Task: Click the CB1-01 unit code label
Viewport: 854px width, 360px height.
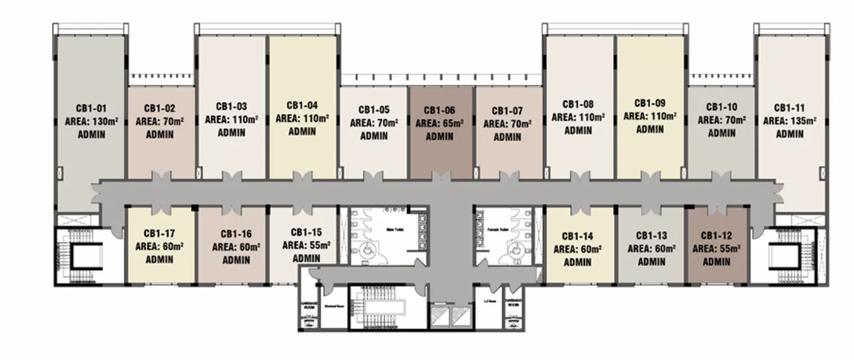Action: [90, 108]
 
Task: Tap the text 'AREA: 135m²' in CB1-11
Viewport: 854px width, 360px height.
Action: [790, 121]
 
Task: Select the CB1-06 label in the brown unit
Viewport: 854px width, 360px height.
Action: [439, 111]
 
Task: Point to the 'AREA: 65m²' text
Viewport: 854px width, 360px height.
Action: [439, 124]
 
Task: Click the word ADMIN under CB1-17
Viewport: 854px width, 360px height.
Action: [159, 259]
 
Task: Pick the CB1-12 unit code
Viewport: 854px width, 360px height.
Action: [716, 236]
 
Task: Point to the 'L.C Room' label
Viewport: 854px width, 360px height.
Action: [490, 301]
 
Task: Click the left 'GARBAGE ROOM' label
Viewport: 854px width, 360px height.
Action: [308, 304]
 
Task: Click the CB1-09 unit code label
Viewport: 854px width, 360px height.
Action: [650, 104]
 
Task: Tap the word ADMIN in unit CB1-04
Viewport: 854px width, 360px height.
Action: [302, 132]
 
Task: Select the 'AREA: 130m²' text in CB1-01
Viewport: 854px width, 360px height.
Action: [90, 121]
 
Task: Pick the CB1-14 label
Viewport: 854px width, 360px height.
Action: [577, 236]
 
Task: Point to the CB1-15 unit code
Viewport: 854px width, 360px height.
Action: [306, 232]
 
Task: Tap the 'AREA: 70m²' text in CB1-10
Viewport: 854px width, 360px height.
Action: [721, 120]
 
